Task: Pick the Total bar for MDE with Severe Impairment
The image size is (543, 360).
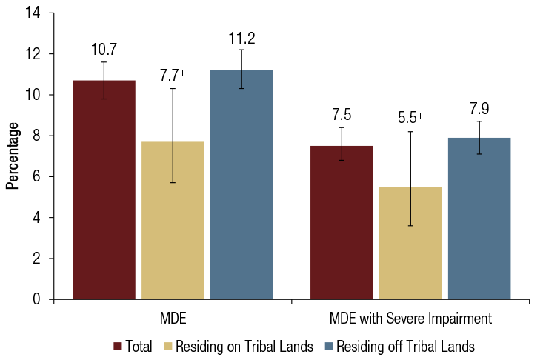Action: click(x=342, y=222)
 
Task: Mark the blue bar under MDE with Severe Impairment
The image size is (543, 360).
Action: click(x=479, y=219)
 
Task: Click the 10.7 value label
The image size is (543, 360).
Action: click(x=104, y=50)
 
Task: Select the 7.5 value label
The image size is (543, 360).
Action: click(x=342, y=115)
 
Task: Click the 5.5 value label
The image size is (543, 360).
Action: click(x=408, y=118)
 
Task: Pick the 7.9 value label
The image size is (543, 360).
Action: click(x=479, y=109)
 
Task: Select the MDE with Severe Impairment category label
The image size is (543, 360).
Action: click(x=410, y=319)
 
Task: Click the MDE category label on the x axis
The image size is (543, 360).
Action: click(x=173, y=319)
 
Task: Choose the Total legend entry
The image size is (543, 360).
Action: click(x=133, y=346)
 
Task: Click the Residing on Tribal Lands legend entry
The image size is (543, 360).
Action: click(x=242, y=346)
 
